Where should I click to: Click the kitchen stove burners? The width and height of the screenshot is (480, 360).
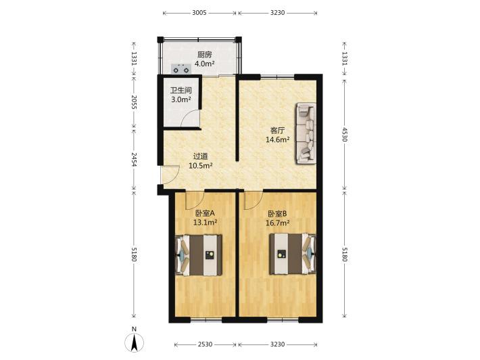point(181,68)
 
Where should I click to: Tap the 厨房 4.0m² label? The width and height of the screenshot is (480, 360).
point(204,59)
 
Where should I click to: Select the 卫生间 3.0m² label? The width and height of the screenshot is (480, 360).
point(181,95)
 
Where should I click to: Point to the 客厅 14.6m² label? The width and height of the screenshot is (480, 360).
point(278,135)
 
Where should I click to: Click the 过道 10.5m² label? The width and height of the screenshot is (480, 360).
point(201,161)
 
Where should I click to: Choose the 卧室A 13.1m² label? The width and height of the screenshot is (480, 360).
point(205,217)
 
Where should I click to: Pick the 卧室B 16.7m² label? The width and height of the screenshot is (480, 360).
point(277,218)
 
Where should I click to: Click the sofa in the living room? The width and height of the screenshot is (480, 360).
point(306,134)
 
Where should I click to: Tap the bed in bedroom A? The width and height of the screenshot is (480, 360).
point(199,255)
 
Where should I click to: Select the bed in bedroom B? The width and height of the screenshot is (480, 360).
point(292,254)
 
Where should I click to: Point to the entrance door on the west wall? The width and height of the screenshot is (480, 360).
point(170,175)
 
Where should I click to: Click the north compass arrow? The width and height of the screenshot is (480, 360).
point(134,342)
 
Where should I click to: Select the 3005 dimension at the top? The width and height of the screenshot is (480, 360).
point(199,13)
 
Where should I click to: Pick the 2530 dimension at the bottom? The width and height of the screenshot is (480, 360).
point(205,344)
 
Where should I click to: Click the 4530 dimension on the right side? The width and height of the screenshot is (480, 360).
point(344,134)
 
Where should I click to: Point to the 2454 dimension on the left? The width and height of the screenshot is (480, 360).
point(134,159)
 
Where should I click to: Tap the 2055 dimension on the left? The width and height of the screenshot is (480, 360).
point(134,102)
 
